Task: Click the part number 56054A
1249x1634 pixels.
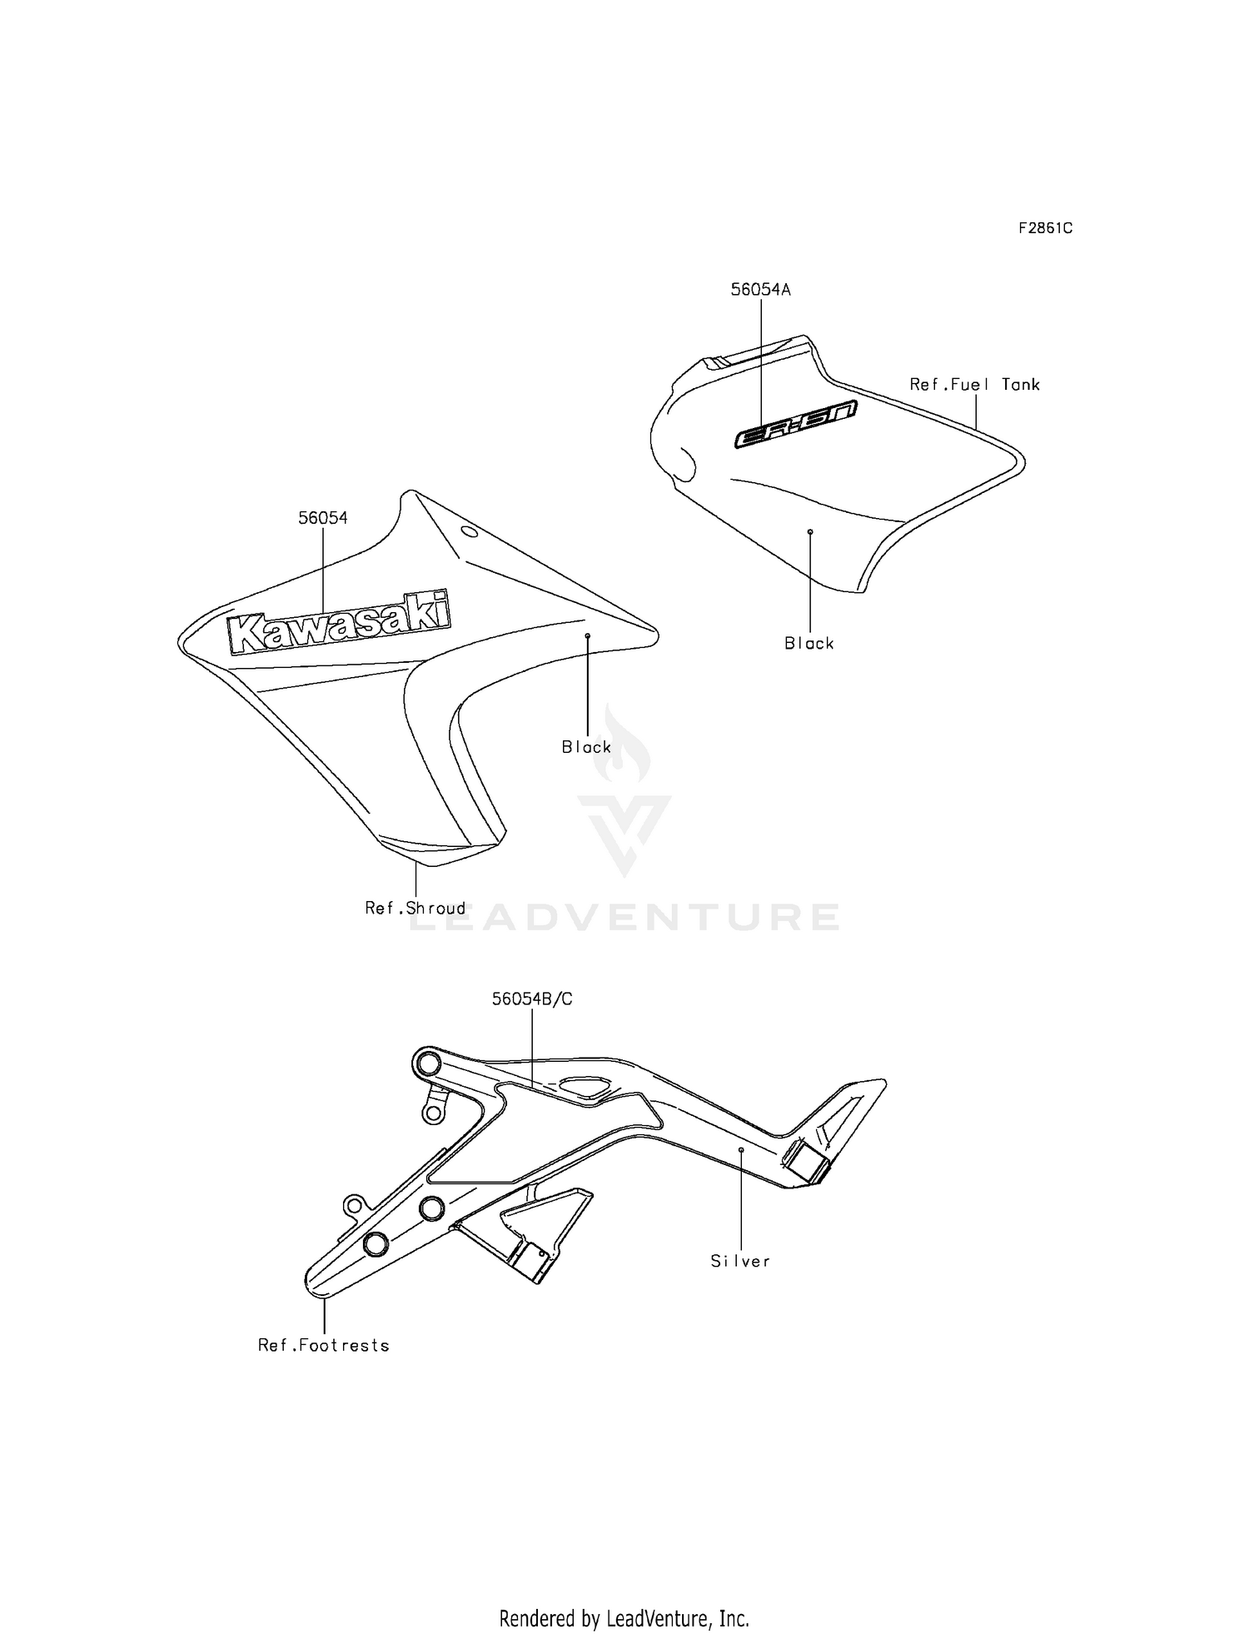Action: click(x=760, y=290)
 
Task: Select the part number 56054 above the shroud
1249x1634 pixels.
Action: click(x=323, y=517)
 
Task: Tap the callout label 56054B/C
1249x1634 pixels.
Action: click(x=532, y=999)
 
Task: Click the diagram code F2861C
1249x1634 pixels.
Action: click(x=1046, y=227)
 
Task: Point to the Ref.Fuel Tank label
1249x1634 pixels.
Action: click(x=975, y=384)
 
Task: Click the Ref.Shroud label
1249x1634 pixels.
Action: click(x=416, y=908)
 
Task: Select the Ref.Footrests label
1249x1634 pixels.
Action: click(x=324, y=1345)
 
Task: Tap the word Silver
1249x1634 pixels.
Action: click(x=740, y=1261)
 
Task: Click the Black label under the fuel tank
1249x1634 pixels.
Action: click(x=809, y=643)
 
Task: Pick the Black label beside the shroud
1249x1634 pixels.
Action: click(x=586, y=747)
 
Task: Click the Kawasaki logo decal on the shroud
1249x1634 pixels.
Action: click(x=339, y=621)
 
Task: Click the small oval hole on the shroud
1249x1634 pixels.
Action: click(x=469, y=531)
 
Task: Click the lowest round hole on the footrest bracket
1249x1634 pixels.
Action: click(x=376, y=1244)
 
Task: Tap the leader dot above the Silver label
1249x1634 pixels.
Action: click(x=741, y=1149)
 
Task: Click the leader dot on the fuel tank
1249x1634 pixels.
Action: click(x=809, y=531)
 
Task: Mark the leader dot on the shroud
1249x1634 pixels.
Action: click(x=587, y=635)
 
